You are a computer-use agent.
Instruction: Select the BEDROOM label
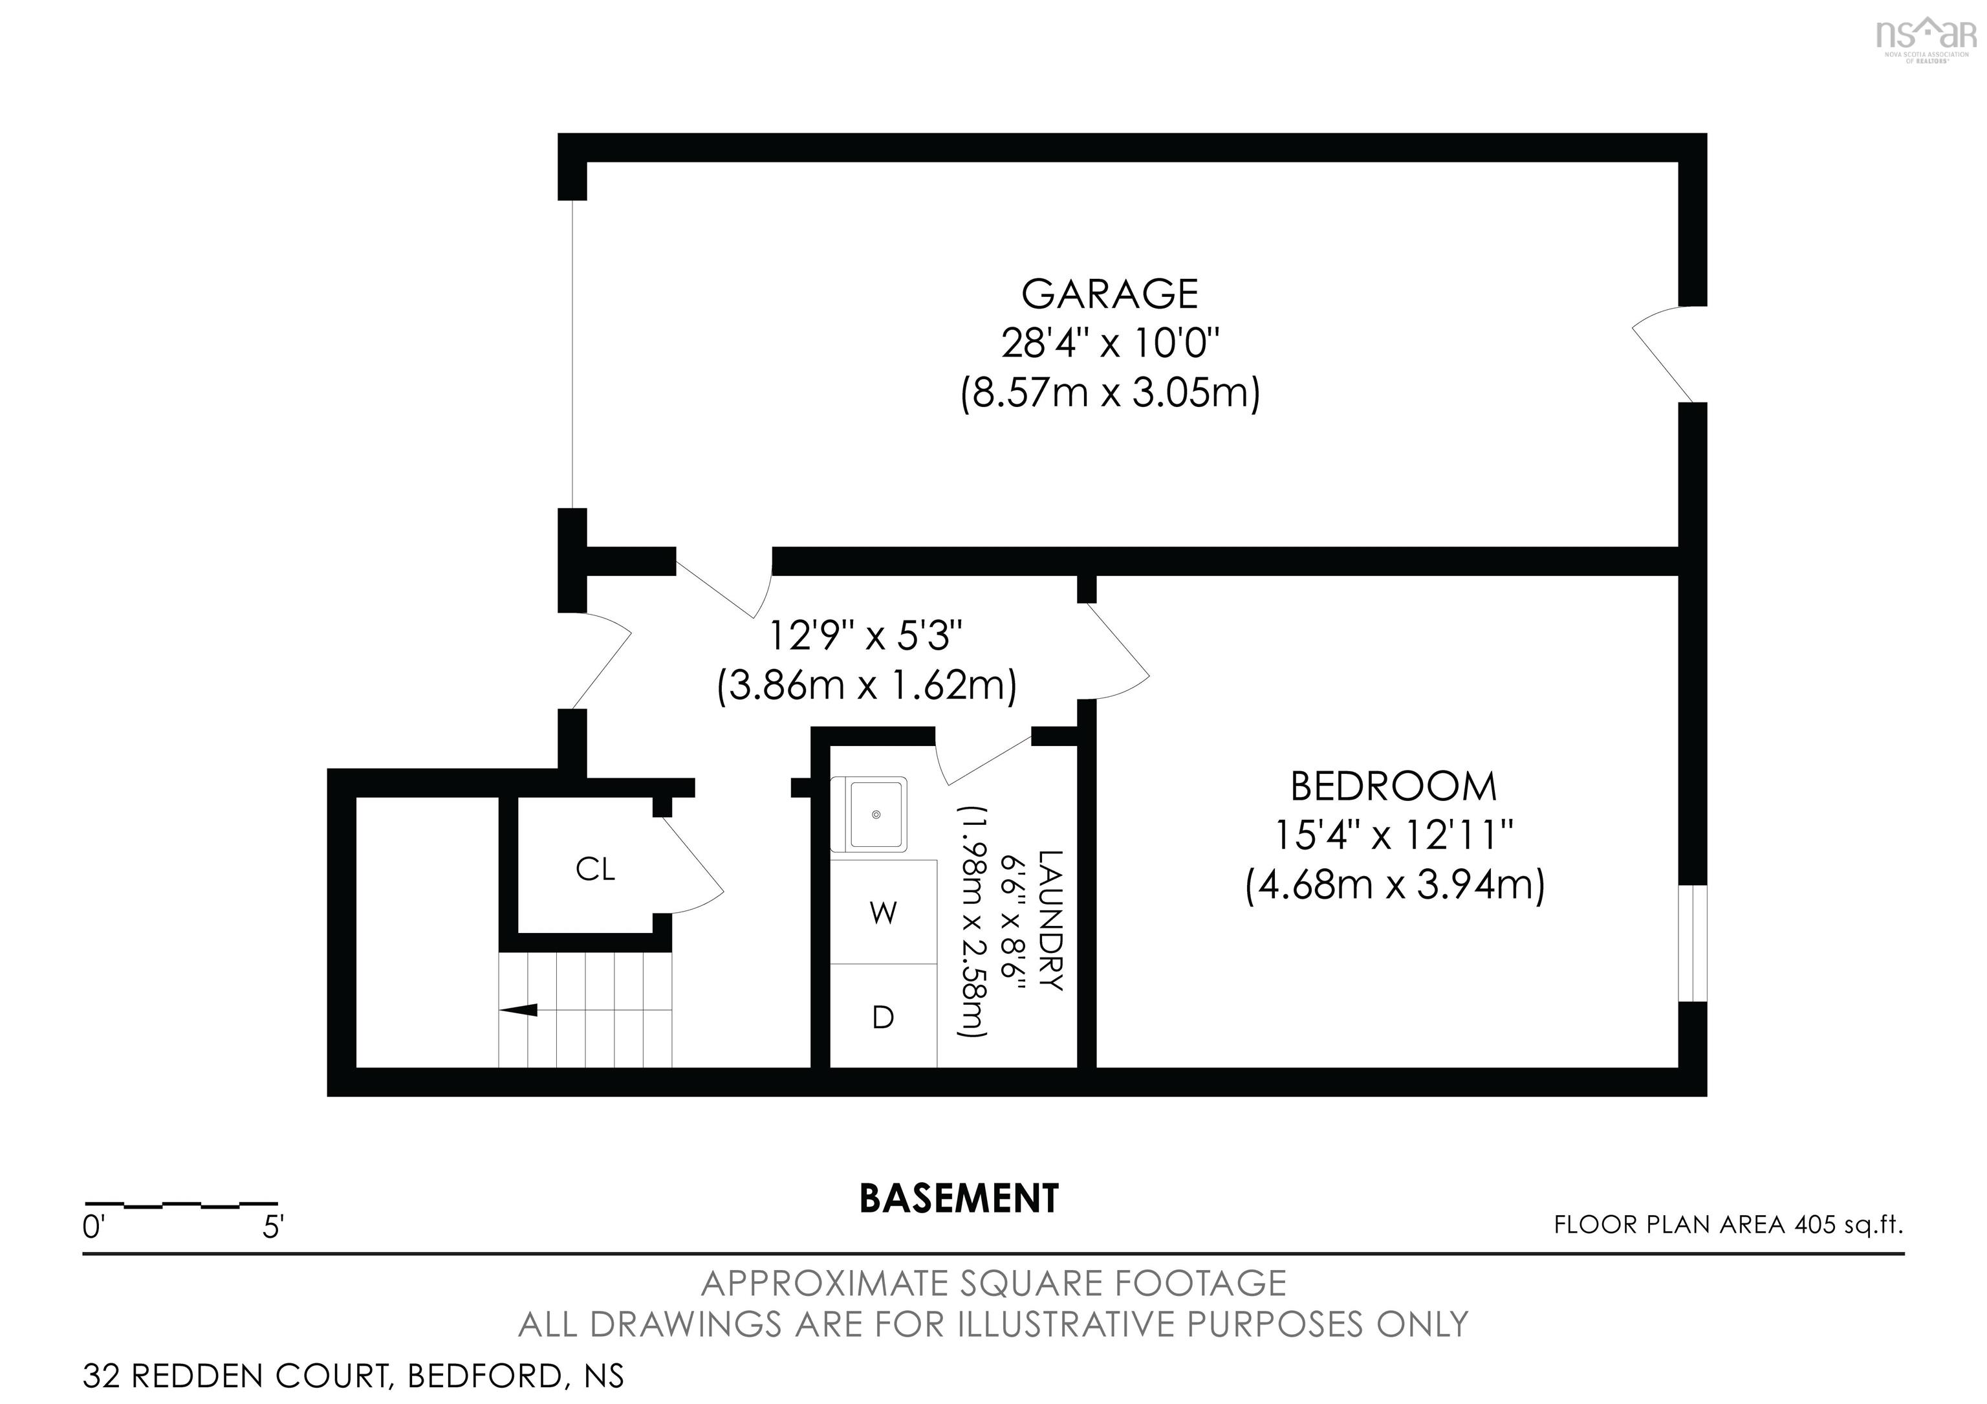1393,787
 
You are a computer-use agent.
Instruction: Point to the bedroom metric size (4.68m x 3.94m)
1394,886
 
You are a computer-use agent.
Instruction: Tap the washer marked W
883,912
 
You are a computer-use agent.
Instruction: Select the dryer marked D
883,1018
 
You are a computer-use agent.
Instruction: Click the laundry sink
876,815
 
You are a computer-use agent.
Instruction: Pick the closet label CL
596,869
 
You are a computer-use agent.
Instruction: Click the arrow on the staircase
519,1009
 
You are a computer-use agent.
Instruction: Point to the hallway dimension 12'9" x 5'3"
866,636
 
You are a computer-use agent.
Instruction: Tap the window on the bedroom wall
1692,943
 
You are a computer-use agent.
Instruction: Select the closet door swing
692,866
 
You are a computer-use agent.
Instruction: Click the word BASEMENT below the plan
959,1199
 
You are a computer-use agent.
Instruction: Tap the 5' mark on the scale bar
274,1227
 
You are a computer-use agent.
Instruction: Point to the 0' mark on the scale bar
94,1227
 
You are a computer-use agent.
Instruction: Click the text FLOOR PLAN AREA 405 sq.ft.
1728,1225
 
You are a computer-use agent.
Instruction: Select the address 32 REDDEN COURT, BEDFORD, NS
353,1376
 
